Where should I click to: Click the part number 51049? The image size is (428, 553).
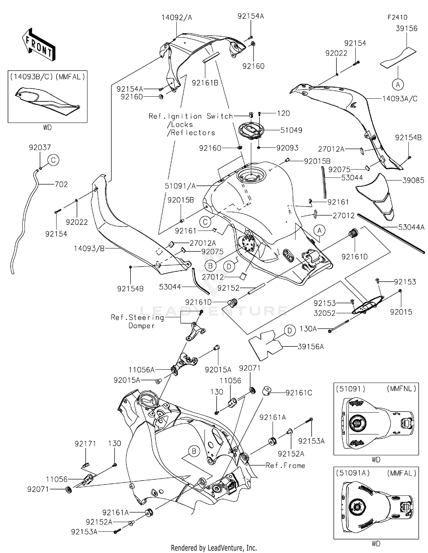[x=291, y=130]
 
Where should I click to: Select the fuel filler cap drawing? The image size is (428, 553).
[x=251, y=131]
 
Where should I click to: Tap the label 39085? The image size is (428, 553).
[x=413, y=180]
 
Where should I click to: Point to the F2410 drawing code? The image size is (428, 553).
[x=397, y=17]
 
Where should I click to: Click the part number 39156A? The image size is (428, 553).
[x=310, y=347]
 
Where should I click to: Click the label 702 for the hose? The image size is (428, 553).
[x=61, y=184]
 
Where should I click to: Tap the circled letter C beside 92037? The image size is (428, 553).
[x=53, y=160]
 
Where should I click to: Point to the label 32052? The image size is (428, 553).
[x=324, y=313]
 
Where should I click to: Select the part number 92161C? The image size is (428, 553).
[x=299, y=393]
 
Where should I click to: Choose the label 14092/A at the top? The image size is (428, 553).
[x=177, y=18]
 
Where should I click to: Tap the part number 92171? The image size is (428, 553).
[x=85, y=444]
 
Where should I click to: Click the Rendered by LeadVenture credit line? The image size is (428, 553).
[x=214, y=548]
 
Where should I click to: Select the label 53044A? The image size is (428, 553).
[x=411, y=227]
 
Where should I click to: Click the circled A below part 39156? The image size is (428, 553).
[x=398, y=84]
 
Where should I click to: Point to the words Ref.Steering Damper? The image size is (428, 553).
[x=138, y=321]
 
